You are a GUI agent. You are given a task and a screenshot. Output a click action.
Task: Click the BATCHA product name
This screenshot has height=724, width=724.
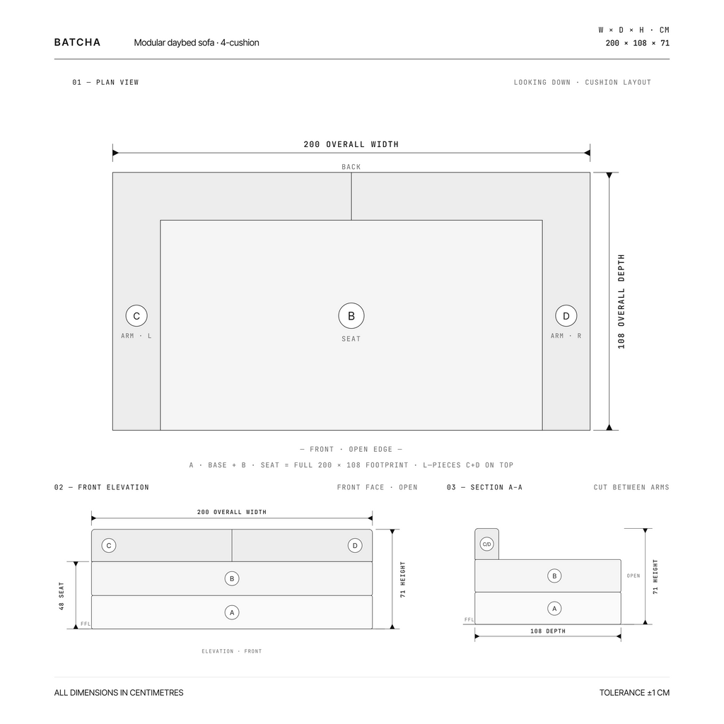point(77,42)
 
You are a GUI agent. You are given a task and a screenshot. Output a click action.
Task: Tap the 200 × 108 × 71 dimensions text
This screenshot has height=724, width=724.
point(637,43)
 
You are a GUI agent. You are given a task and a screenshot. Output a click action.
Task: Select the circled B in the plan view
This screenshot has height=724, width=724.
point(351,316)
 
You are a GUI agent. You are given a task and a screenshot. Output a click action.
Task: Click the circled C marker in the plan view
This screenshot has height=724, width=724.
point(136,316)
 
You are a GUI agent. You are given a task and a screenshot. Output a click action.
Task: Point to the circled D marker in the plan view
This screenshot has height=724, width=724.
point(566,316)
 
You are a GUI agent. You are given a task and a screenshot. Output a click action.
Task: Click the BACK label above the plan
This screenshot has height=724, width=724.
point(351,167)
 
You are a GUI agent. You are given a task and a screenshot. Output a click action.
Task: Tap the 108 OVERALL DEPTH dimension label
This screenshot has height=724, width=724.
point(621,301)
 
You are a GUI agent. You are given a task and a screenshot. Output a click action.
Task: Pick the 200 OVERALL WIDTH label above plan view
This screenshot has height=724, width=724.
point(351,144)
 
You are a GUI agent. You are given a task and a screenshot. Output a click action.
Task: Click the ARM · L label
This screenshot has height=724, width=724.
point(136,336)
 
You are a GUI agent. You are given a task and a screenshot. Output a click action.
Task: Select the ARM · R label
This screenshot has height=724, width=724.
point(566,336)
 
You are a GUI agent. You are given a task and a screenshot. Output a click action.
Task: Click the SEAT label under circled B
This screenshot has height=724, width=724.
point(351,339)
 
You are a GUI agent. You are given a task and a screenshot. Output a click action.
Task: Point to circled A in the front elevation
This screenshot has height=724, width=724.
point(232,612)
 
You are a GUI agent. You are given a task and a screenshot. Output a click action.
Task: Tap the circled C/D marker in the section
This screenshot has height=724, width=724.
point(486,544)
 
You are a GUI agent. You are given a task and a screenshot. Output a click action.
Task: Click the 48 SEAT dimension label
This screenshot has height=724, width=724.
point(62,596)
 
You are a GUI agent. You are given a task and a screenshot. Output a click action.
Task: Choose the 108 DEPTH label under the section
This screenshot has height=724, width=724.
point(548,631)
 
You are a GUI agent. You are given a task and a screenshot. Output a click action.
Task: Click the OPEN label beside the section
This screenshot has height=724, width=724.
point(633,576)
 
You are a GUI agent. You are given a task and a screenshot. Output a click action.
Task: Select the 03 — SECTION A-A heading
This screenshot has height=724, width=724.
point(484,487)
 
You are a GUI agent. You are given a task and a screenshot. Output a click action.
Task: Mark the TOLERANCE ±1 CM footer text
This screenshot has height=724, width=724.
point(634,693)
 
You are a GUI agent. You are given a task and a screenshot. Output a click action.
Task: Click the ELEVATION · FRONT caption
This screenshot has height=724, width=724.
point(232,651)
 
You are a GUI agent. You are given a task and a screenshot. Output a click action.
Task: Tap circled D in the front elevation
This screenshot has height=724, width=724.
point(355,545)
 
